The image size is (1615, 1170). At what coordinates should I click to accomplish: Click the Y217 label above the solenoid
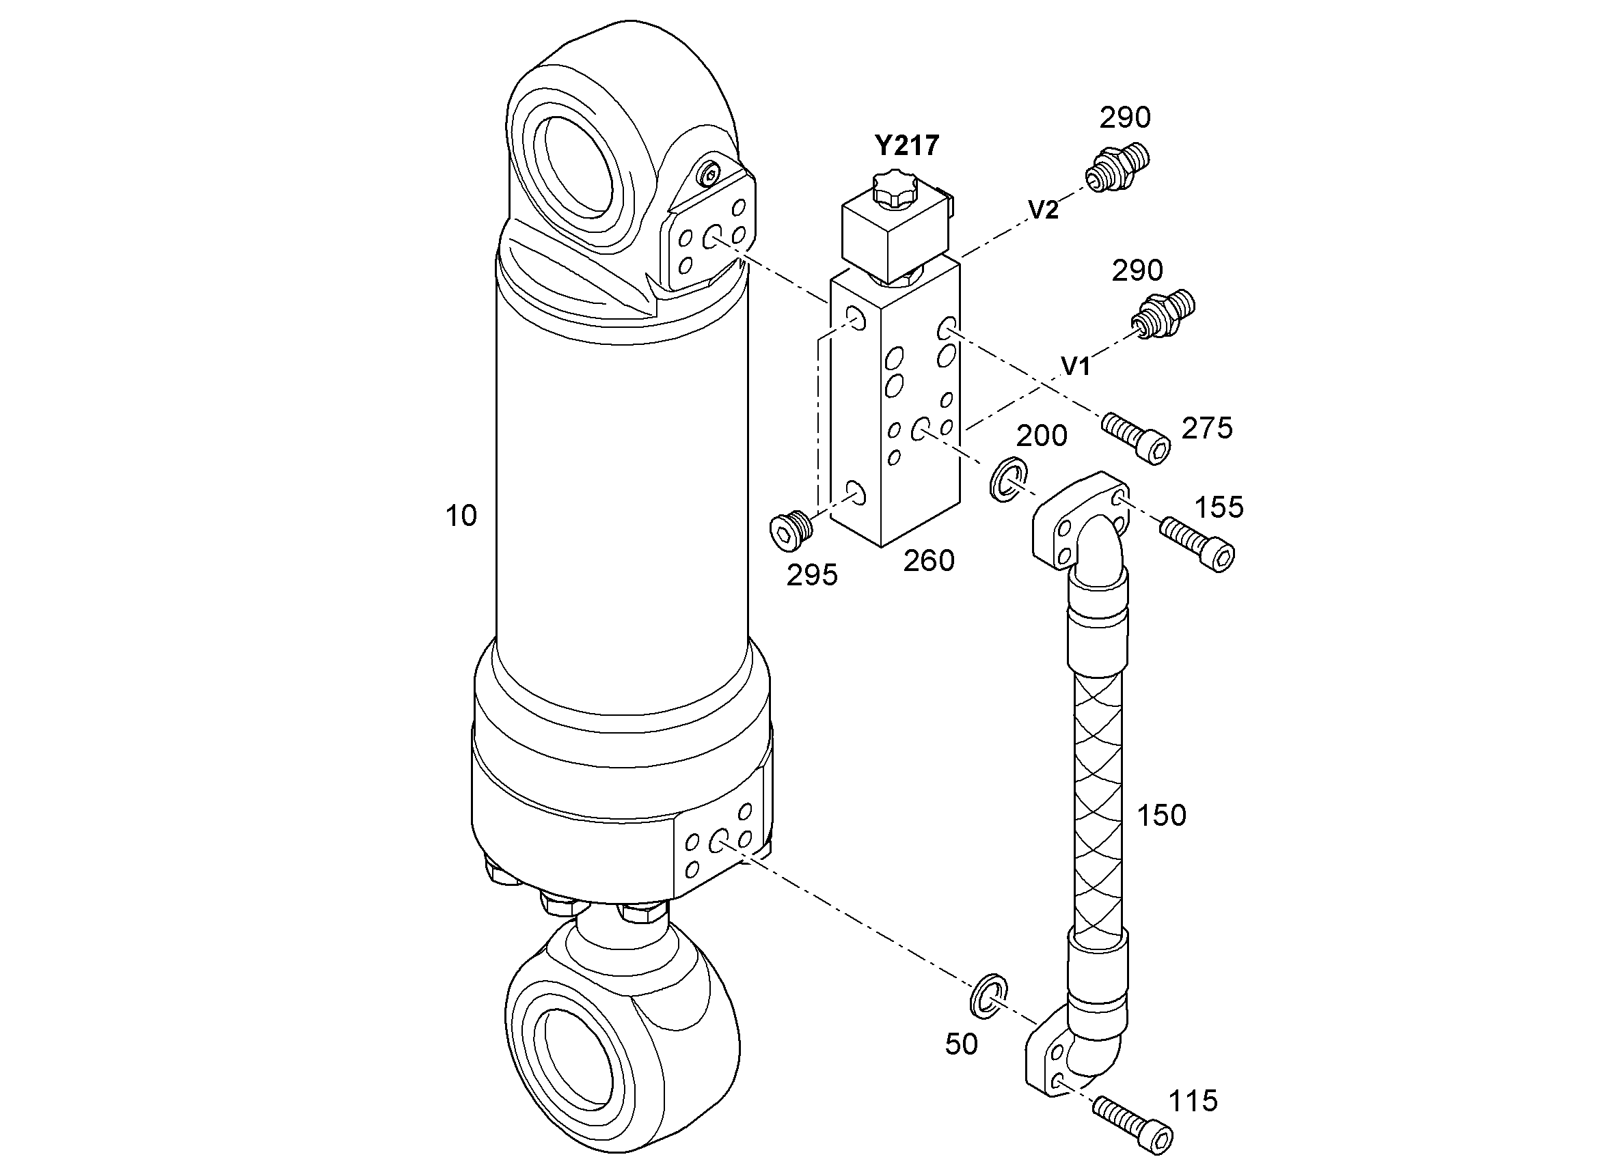907,146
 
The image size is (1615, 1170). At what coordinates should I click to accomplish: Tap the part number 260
929,561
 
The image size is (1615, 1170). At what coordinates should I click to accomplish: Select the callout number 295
812,576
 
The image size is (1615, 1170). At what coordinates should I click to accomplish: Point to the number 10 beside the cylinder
461,516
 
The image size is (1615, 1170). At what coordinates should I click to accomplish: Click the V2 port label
1043,210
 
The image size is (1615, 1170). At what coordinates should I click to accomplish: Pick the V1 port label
1076,367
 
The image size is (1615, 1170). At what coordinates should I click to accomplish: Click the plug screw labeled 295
791,530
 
